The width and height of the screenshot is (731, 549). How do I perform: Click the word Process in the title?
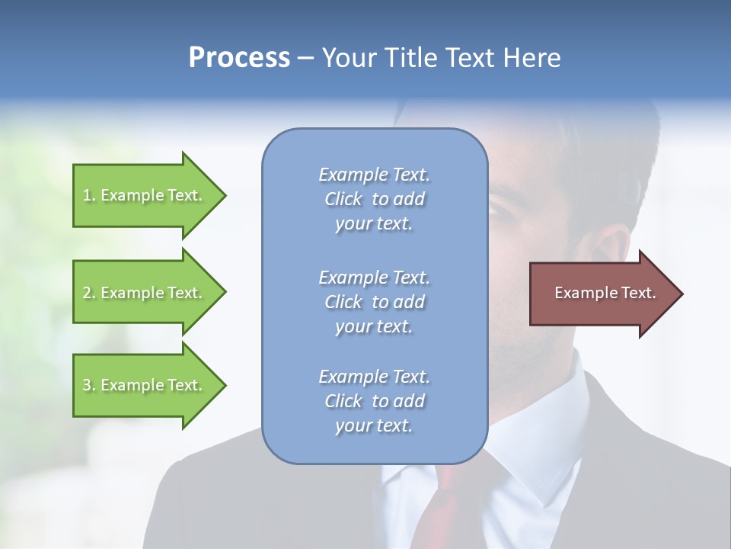tap(239, 58)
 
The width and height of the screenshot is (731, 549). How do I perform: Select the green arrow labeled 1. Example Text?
tap(145, 195)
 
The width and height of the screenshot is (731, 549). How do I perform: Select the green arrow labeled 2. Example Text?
tap(145, 293)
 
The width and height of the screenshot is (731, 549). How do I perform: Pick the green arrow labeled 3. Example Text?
tap(145, 385)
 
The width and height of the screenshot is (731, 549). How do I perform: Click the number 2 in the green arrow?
tap(87, 293)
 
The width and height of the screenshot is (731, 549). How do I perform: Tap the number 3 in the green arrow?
tap(87, 385)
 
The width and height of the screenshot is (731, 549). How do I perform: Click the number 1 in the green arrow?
tap(87, 195)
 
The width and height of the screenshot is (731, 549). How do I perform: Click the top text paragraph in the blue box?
tap(374, 199)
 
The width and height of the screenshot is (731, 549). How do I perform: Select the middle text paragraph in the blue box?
tap(374, 301)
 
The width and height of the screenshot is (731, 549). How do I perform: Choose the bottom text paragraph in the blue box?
tap(374, 400)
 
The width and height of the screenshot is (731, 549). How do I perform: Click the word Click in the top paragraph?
tap(343, 199)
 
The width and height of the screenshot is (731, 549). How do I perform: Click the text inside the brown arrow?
tap(605, 293)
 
